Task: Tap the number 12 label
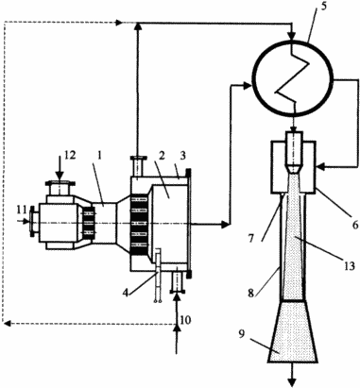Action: pos(70,155)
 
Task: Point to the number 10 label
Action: pos(185,320)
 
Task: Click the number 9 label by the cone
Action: pos(241,334)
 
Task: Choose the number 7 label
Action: pos(250,238)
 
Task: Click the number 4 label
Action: pos(126,293)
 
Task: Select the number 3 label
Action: pos(183,156)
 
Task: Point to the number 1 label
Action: pos(99,156)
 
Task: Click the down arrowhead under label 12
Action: pos(60,176)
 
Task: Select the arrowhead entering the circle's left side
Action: pos(247,84)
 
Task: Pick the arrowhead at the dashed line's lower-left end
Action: pos(7,323)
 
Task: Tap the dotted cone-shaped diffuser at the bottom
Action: pos(293,331)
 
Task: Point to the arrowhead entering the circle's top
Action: pos(293,36)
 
